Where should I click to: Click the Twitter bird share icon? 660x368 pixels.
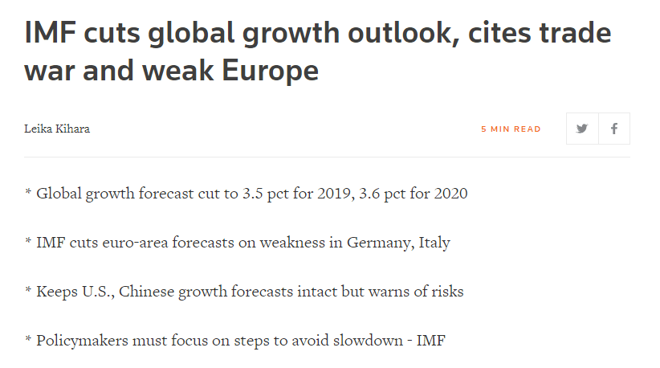click(582, 129)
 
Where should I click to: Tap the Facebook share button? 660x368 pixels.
click(614, 129)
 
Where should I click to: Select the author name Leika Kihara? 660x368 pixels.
click(57, 129)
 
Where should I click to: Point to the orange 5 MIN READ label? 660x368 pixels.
click(511, 129)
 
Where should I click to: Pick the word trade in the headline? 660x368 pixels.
click(571, 33)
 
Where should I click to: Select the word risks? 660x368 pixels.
click(446, 291)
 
